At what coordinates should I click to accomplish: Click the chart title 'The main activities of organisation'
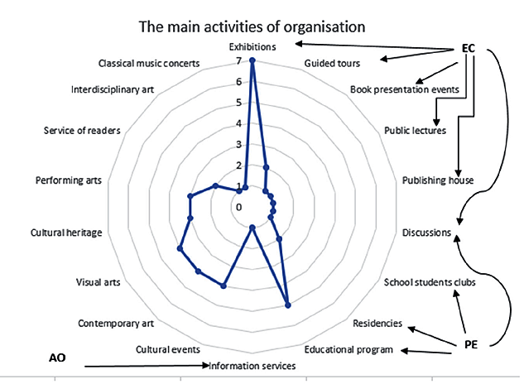[252, 26]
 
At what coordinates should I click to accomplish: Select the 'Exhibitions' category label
[252, 47]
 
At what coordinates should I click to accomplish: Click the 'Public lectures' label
[416, 130]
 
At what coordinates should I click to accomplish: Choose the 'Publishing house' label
[437, 180]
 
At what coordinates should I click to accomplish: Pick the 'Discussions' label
[427, 233]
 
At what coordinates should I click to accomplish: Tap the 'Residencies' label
[377, 323]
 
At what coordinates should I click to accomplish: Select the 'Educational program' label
[348, 349]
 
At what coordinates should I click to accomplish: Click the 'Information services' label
[252, 366]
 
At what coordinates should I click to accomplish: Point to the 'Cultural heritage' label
[66, 233]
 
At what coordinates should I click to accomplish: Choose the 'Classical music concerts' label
[148, 63]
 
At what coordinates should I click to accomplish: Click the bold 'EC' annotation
[469, 49]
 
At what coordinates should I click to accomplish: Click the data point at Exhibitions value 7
[252, 60]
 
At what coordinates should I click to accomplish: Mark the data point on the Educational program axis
[287, 305]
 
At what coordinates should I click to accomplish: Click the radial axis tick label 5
[239, 103]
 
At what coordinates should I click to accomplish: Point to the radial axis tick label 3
[239, 145]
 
